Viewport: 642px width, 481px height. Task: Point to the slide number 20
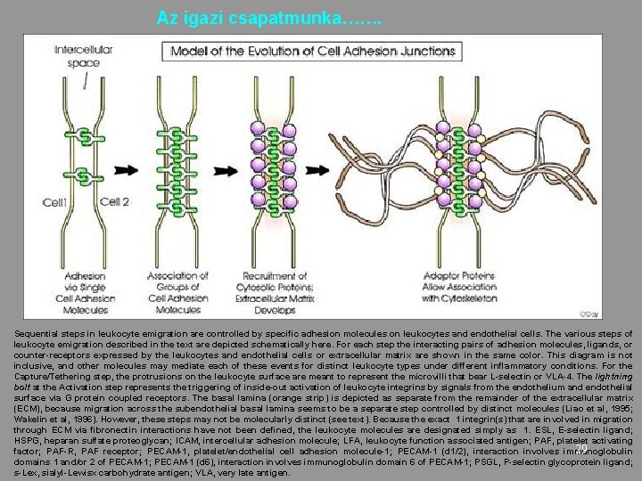[580, 449]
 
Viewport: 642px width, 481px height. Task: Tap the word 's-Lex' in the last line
[24, 473]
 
